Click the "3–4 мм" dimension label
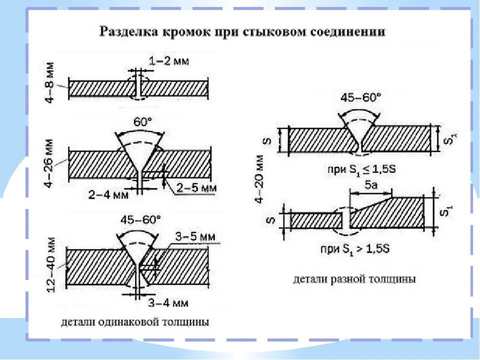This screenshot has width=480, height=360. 168,302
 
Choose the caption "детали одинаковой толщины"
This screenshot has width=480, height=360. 135,321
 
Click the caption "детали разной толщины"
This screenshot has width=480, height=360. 354,279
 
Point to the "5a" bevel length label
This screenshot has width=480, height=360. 371,185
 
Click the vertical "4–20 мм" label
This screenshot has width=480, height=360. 258,178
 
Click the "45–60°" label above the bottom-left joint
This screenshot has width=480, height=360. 140,218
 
